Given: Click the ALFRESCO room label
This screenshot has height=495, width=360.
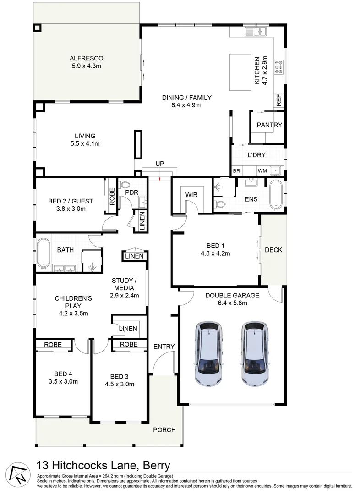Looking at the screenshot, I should coord(87,58).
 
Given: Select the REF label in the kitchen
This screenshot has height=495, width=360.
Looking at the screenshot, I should coord(279,100).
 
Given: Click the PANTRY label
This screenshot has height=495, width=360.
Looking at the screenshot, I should coord(269,125).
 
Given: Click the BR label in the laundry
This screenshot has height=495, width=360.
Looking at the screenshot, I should coord(236,170).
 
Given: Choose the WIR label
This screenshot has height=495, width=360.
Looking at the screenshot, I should coord(191,195).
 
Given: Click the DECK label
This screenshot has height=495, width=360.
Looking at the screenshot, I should coord(273,250).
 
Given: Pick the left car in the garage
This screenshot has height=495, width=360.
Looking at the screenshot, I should coord(208,353).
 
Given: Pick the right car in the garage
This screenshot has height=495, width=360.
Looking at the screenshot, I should coord(255,353).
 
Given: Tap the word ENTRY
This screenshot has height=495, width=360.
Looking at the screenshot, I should coord(164,346).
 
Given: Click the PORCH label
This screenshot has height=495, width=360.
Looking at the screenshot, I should coord(164,430).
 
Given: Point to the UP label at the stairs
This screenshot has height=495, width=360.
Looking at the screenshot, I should coord(159,164).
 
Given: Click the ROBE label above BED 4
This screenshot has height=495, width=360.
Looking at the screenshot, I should coord(53,344).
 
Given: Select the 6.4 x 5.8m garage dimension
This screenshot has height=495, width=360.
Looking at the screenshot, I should coord(232,303).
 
